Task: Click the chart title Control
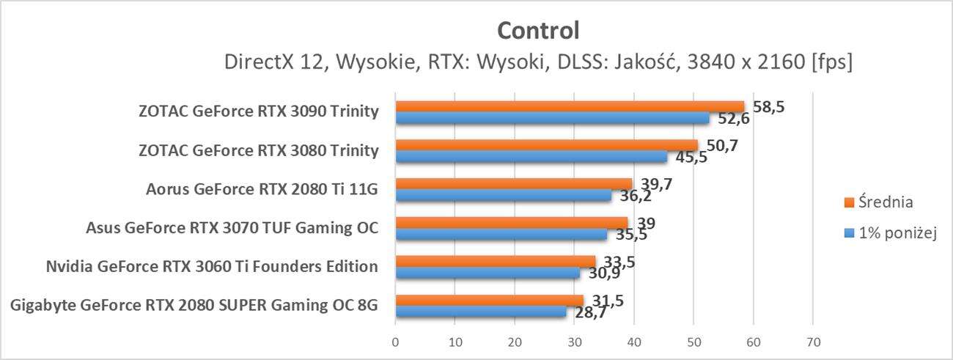pos(538,30)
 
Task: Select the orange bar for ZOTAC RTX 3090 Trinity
pos(570,106)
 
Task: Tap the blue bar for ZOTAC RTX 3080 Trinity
pos(531,156)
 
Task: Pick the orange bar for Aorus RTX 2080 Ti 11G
pos(513,183)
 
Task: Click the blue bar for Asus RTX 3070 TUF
pos(501,234)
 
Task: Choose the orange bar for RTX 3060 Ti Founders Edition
pos(496,261)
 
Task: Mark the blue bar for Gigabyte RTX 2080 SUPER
pos(481,312)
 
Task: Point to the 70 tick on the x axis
pos(812,342)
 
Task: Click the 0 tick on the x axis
pos(396,342)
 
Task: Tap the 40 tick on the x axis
pos(633,342)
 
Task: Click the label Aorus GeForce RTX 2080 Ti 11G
pos(262,189)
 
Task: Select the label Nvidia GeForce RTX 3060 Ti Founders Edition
pos(212,265)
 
